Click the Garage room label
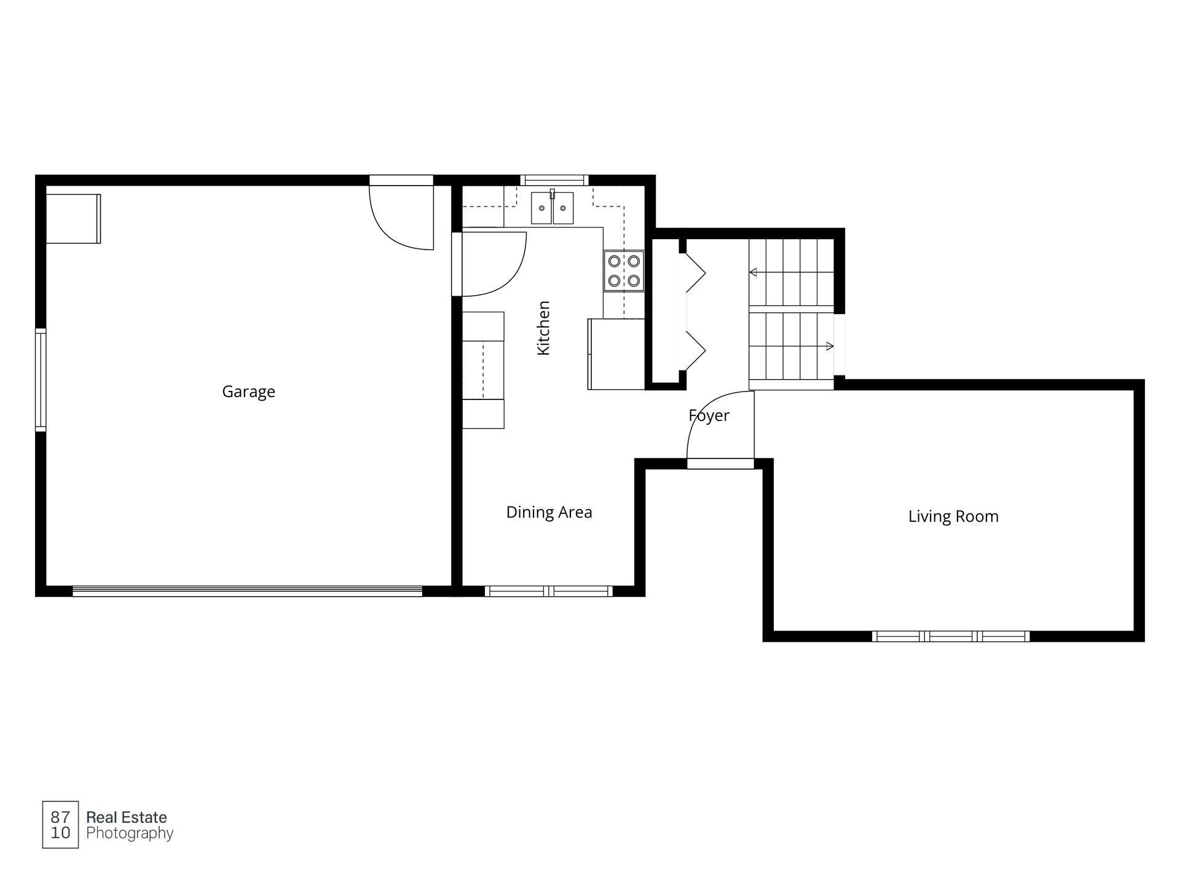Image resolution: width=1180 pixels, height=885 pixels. coord(248,392)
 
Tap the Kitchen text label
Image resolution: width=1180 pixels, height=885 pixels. coord(543,328)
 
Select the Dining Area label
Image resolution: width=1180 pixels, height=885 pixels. coord(549,513)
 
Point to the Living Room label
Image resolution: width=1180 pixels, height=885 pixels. coord(953,517)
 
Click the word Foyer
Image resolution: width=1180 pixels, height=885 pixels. coord(709,416)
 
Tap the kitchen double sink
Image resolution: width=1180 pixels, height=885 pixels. coord(552,208)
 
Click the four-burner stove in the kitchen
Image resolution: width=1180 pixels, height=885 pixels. coord(624,271)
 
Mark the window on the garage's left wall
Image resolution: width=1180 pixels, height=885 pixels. coord(41,380)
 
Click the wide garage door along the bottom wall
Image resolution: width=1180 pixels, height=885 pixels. coord(247,591)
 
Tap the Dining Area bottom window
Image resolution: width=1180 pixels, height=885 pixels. coord(549,591)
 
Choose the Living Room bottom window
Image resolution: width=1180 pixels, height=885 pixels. coord(951,637)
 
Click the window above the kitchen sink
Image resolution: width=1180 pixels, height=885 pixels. coord(554,180)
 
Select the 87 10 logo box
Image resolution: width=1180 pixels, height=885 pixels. coord(60,825)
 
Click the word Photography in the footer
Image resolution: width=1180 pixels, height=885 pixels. coord(130,834)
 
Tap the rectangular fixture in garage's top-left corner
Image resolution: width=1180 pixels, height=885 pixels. coord(73,219)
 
